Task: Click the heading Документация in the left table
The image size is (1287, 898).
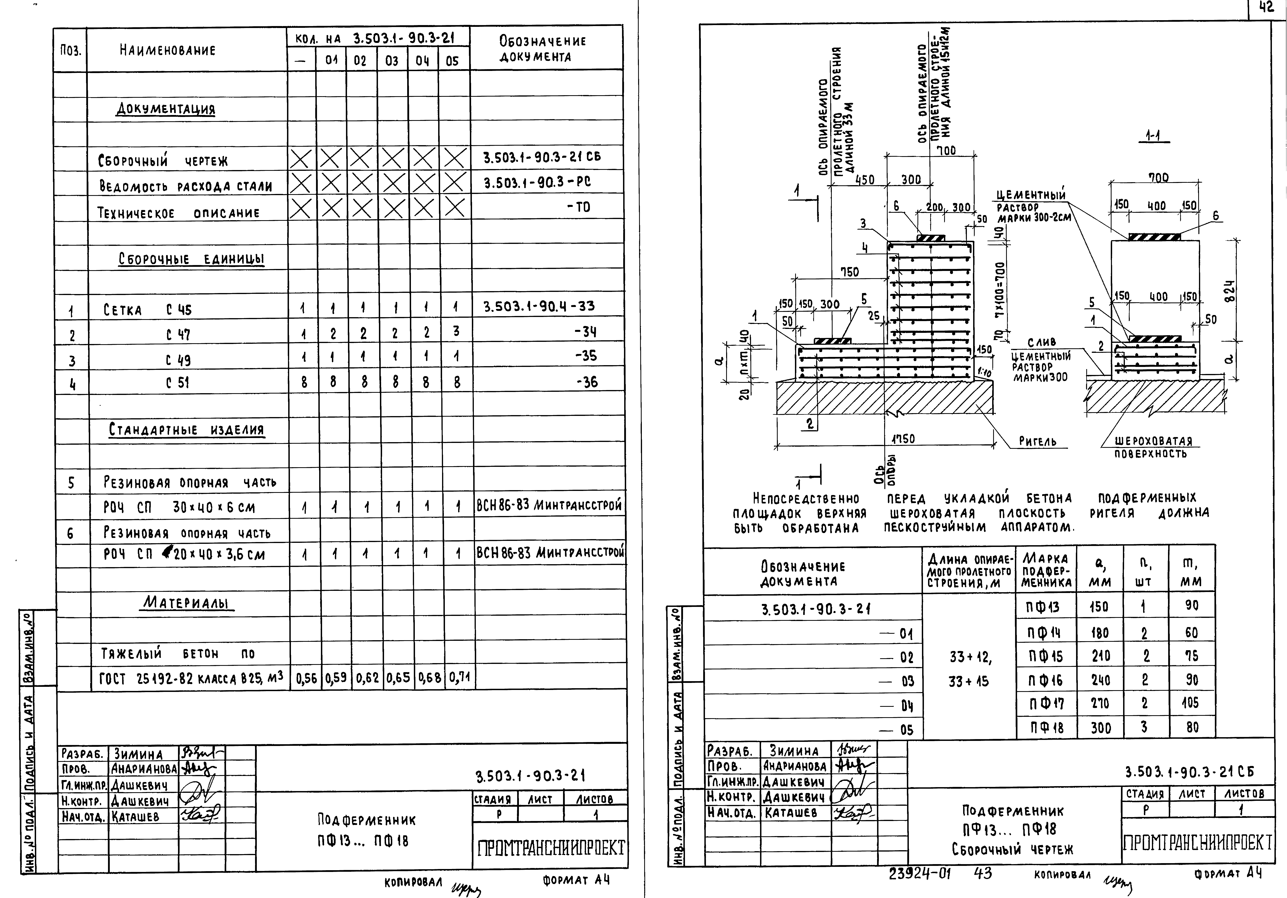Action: [x=165, y=109]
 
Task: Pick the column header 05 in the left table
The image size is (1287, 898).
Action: [x=452, y=61]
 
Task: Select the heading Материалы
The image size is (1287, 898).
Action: [x=187, y=603]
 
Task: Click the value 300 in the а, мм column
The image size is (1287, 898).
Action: [x=1100, y=728]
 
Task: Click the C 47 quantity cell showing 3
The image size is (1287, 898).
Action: [x=456, y=332]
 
